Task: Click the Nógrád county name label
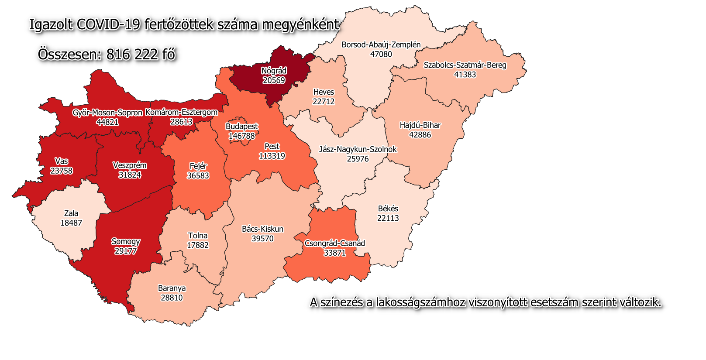pyautogui.click(x=274, y=71)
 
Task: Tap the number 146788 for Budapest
pyautogui.click(x=241, y=136)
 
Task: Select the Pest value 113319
pyautogui.click(x=272, y=156)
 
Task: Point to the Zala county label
pyautogui.click(x=71, y=213)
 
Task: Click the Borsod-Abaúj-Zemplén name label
pyautogui.click(x=381, y=45)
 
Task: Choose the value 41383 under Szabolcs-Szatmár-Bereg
pyautogui.click(x=465, y=75)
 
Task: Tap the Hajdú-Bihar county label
pyautogui.click(x=420, y=125)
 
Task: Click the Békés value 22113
pyautogui.click(x=388, y=218)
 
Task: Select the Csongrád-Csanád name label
pyautogui.click(x=334, y=243)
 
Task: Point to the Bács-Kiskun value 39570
pyautogui.click(x=262, y=239)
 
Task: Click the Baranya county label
pyautogui.click(x=172, y=288)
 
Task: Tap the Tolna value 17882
pyautogui.click(x=198, y=245)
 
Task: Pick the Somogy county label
pyautogui.click(x=126, y=241)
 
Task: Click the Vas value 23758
pyautogui.click(x=61, y=171)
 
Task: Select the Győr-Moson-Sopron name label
pyautogui.click(x=107, y=113)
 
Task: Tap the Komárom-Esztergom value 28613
pyautogui.click(x=181, y=122)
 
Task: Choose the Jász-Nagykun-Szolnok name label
pyautogui.click(x=358, y=149)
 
